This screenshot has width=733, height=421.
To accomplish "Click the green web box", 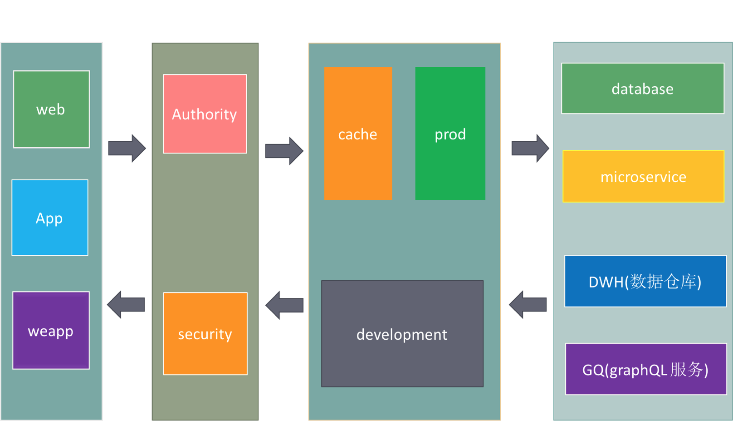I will [51, 109].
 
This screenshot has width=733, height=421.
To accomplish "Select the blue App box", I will [50, 218].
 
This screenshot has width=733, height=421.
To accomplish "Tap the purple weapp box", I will [51, 330].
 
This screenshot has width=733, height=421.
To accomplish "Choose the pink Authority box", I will [205, 114].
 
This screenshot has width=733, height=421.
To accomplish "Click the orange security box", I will [205, 333].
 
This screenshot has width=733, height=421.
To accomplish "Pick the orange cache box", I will [358, 133].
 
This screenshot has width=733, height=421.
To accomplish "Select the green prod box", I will [450, 133].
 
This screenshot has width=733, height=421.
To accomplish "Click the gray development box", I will [402, 334].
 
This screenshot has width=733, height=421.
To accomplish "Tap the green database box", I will [642, 88].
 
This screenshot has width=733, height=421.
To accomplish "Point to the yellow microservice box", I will [643, 176].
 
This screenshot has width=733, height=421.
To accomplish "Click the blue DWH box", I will [645, 281].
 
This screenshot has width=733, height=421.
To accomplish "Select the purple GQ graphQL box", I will [645, 369].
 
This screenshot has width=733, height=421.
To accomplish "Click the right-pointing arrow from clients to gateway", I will [127, 148].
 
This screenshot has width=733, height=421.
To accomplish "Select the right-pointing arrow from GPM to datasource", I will [530, 148].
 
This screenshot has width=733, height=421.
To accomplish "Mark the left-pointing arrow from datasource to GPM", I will [528, 304].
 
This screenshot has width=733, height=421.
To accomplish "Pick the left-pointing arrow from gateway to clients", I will [126, 304].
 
